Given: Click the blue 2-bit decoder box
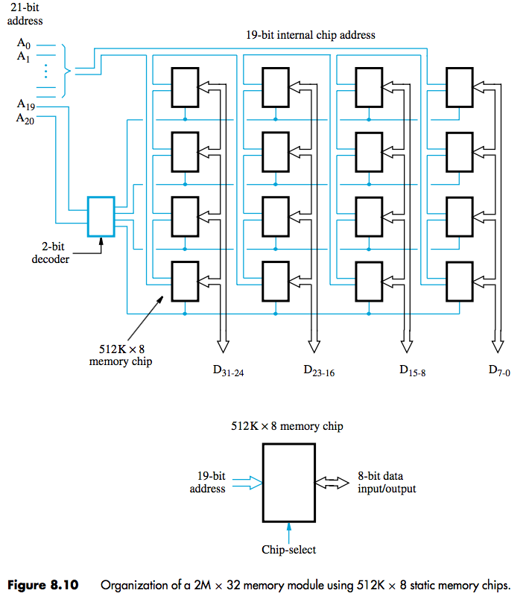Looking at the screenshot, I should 101,216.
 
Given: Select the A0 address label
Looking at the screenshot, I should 25,43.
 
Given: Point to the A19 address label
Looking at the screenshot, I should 25,107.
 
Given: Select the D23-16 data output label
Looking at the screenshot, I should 318,370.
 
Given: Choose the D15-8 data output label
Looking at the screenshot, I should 412,370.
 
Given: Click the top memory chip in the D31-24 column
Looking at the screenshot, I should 185,88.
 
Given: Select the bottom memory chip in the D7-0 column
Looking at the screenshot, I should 459,281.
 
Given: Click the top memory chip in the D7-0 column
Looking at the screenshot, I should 459,88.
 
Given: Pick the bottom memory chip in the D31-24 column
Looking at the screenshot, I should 185,281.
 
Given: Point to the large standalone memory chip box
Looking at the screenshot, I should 288,484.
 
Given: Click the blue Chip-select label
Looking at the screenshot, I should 288,550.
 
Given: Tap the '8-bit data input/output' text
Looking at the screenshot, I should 387,482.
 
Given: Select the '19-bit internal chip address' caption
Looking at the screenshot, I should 311,34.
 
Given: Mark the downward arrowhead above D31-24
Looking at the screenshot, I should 222,346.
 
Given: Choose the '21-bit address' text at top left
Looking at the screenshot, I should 25,14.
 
